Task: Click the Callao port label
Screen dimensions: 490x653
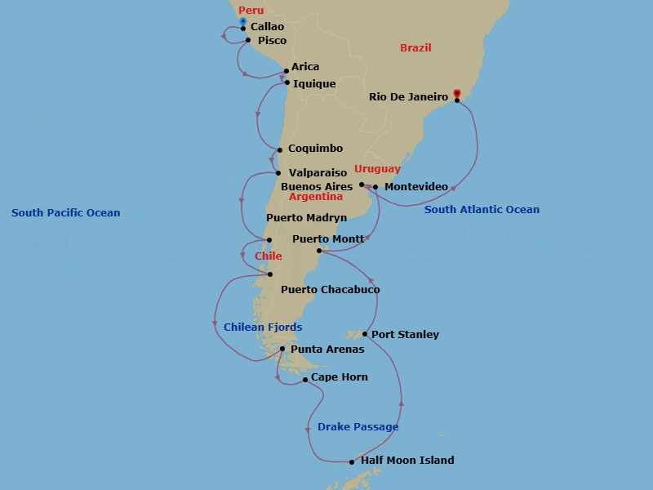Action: tap(268, 27)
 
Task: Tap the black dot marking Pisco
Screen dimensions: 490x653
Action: tap(248, 39)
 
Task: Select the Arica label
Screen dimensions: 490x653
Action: tap(305, 67)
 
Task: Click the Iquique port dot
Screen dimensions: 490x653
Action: tap(287, 82)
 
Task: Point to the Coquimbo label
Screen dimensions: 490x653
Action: tap(315, 149)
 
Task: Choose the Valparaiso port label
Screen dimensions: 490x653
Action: tap(318, 173)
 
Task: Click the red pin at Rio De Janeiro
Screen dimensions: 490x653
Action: tap(457, 94)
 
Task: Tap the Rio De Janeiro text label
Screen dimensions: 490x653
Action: tap(408, 96)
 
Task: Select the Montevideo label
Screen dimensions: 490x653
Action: tap(415, 187)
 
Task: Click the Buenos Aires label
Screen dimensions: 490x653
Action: tap(317, 186)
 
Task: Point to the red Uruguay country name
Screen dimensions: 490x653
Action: tap(377, 169)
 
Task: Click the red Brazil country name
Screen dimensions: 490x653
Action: tap(415, 48)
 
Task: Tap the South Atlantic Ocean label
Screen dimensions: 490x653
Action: tap(482, 210)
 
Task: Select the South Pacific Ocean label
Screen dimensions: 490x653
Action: tap(65, 213)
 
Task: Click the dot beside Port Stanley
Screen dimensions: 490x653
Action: tap(364, 333)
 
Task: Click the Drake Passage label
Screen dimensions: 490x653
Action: tap(358, 427)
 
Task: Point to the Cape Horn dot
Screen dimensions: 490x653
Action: tap(305, 380)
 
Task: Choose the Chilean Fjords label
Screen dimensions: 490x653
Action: tap(263, 327)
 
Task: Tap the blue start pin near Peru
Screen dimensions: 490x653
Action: tap(243, 20)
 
